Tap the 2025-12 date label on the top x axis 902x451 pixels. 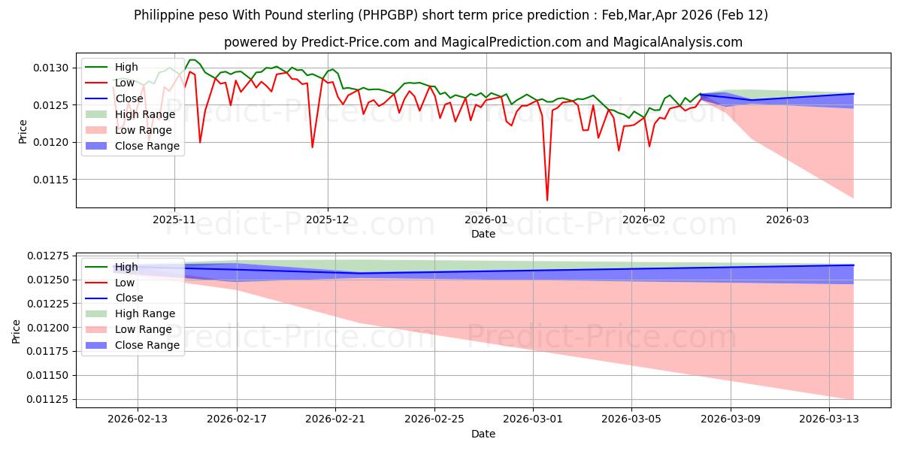point(328,219)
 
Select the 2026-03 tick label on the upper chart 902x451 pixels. point(787,219)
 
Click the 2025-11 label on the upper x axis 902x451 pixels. point(174,219)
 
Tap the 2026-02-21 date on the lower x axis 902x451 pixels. point(335,419)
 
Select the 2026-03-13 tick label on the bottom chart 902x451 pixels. point(829,419)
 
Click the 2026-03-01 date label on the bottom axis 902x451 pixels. point(533,419)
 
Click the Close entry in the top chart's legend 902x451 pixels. point(129,98)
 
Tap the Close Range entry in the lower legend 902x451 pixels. point(147,345)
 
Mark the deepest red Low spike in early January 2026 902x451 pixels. point(547,200)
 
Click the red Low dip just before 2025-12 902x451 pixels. point(313,147)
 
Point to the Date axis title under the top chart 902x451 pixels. point(483,234)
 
